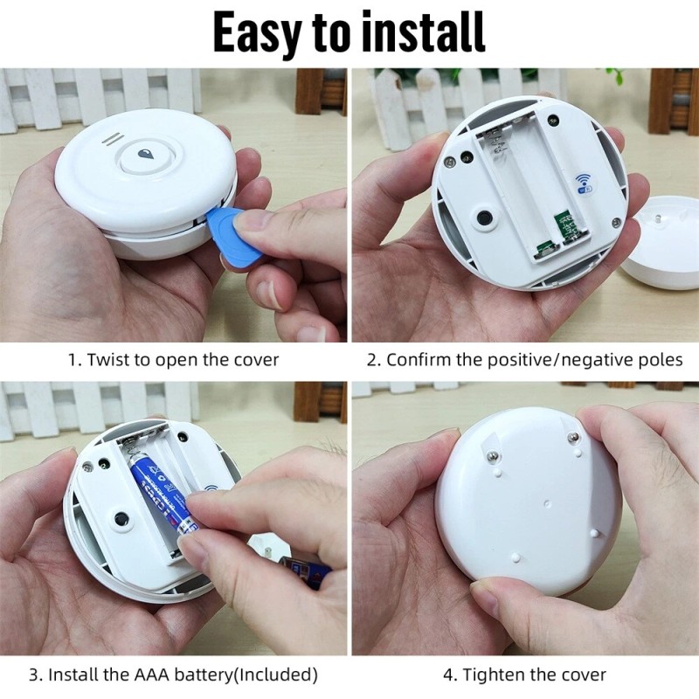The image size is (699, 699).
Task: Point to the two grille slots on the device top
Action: [111, 139]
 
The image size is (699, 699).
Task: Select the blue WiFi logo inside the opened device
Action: [582, 181]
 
